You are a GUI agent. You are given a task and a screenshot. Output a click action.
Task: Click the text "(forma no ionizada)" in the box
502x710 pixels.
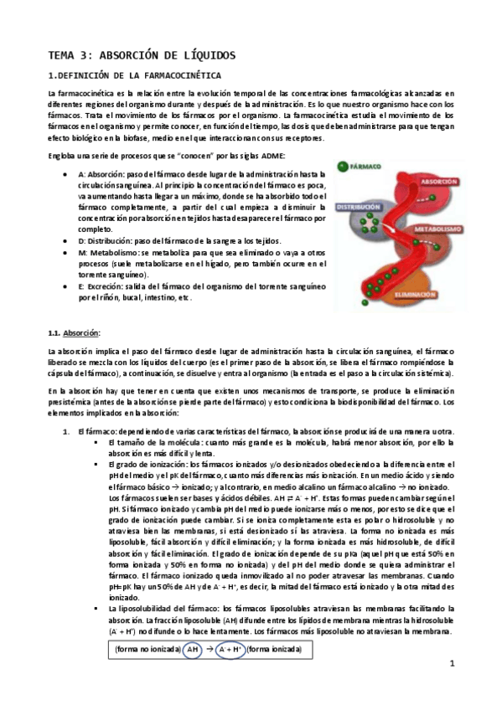tap(147, 649)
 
